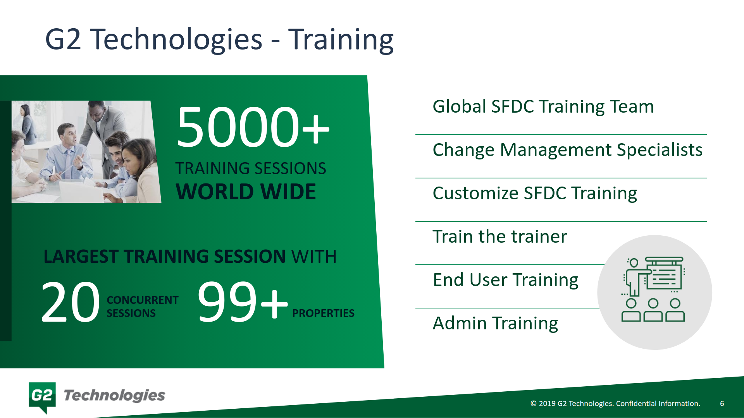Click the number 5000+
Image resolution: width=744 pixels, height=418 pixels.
click(253, 128)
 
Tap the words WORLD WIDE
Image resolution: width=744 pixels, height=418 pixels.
click(246, 192)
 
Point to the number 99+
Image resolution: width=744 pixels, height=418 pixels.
click(243, 302)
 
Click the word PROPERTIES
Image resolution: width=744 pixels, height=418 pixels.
click(323, 313)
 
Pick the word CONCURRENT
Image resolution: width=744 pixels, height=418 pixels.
click(142, 300)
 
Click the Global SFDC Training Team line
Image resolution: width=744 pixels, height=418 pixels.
click(543, 106)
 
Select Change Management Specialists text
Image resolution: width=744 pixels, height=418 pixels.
click(567, 150)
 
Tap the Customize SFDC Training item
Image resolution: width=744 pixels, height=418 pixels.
click(534, 193)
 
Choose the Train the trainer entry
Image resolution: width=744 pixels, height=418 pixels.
click(499, 236)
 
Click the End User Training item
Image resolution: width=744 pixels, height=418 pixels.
click(505, 280)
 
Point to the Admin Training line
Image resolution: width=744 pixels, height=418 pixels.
click(495, 323)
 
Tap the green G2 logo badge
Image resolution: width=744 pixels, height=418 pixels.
click(42, 396)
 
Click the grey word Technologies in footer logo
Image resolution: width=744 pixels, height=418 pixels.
click(114, 396)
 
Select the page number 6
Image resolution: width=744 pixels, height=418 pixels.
click(722, 403)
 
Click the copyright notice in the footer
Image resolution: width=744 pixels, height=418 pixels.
click(615, 403)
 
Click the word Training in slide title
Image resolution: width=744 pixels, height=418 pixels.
click(341, 39)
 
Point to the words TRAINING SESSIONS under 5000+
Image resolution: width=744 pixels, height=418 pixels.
click(250, 169)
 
